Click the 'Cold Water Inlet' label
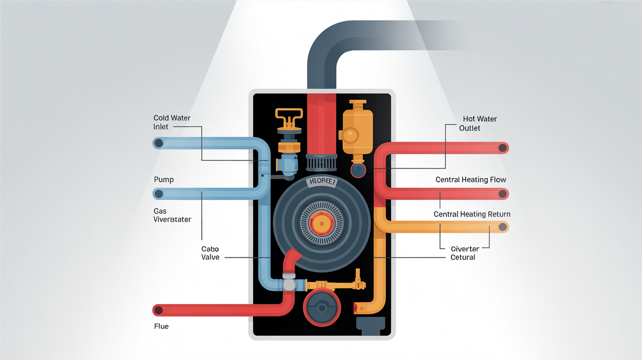coord(172,122)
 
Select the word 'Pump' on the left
coord(163,180)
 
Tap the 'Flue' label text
coord(161,326)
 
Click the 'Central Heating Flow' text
coord(471,180)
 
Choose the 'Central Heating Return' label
coord(472,214)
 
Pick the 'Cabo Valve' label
coord(210,253)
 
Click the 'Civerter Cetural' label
coord(464,253)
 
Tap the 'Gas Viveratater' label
coord(172,215)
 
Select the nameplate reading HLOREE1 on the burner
coord(321,182)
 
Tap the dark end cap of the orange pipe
coord(503,227)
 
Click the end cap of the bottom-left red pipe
coord(158,310)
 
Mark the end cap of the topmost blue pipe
coord(158,143)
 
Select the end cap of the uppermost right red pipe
coord(503,148)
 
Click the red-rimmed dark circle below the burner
coord(321,308)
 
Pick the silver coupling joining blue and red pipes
coord(289,285)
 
